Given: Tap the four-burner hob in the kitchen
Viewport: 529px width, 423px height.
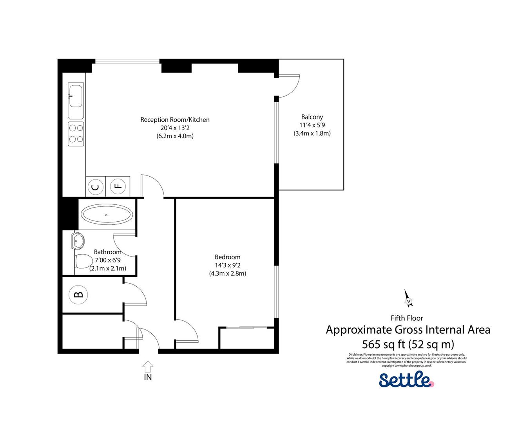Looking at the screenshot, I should (76, 134).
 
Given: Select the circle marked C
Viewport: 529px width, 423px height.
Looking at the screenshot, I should (95, 187).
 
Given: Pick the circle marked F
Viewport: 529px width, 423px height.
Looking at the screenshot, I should (118, 186).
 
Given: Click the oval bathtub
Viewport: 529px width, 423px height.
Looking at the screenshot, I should (107, 215).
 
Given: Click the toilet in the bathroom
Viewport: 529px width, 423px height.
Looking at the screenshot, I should (83, 261).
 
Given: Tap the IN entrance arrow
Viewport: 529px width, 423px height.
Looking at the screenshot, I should (148, 367).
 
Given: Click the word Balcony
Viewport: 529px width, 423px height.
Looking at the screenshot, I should (312, 117).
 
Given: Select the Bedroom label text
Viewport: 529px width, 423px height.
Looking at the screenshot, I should (227, 257).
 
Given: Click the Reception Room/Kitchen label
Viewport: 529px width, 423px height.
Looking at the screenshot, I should (175, 119).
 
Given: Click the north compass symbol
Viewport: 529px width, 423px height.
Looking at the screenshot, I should (408, 298).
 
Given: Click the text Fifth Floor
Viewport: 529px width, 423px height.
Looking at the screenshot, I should (407, 318).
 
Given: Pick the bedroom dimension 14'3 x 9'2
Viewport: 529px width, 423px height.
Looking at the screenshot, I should (227, 265).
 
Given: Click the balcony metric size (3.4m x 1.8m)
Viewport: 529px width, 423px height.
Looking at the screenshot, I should (312, 133).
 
